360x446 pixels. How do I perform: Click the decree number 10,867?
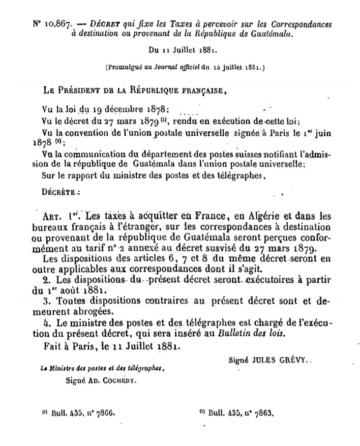coord(52,24)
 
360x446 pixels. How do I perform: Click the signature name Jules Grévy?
coord(285,360)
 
